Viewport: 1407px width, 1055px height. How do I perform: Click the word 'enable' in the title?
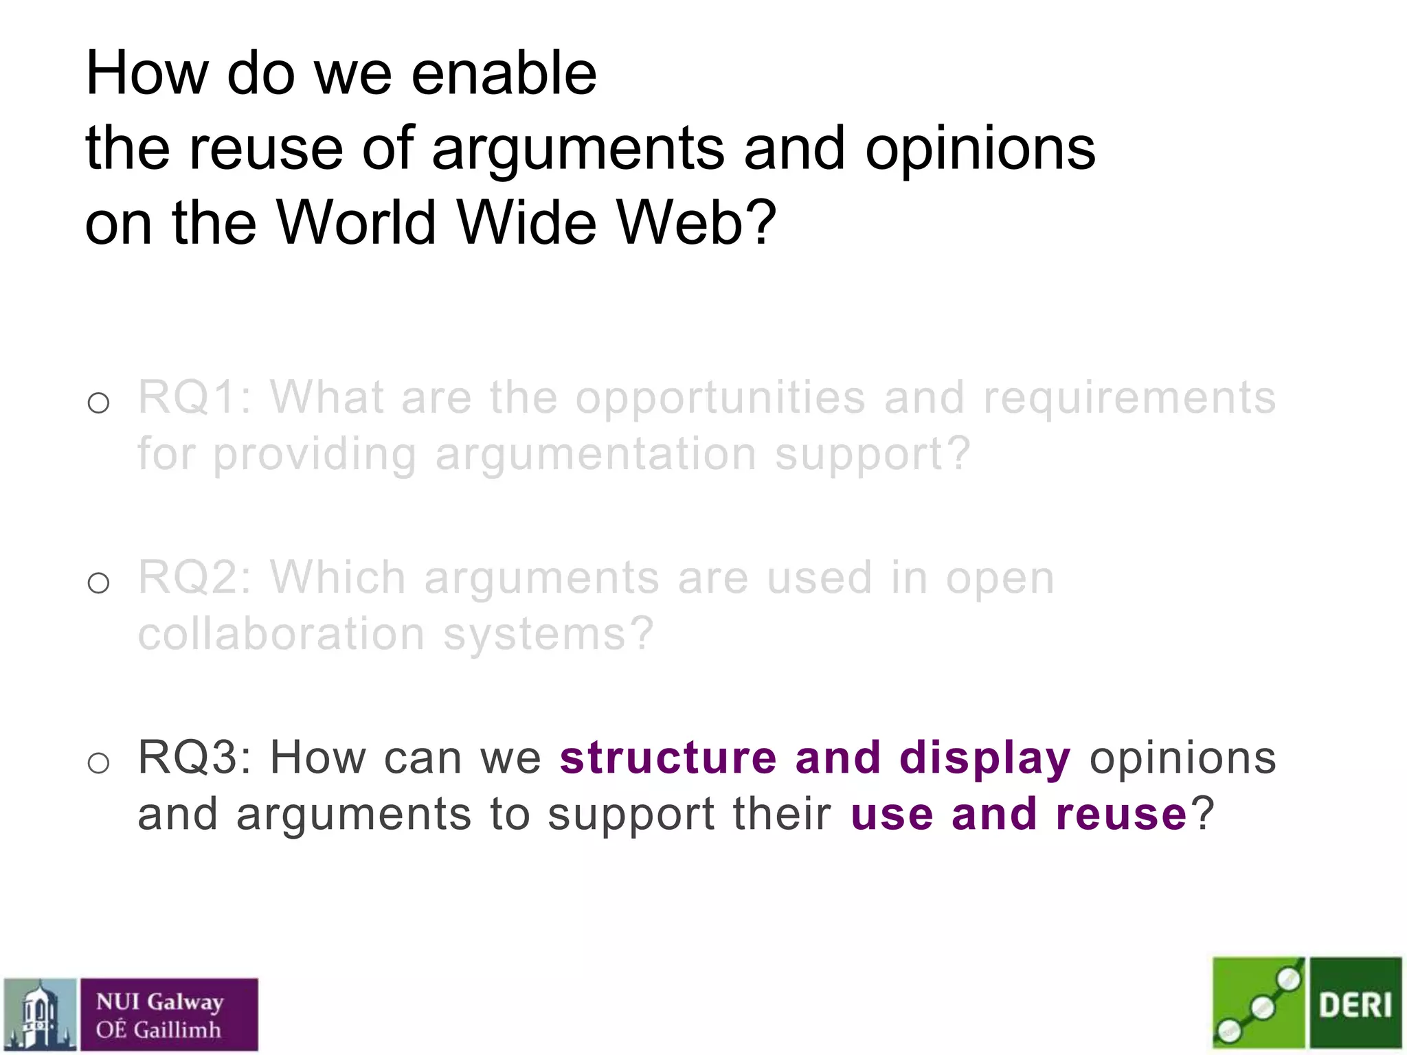click(x=504, y=73)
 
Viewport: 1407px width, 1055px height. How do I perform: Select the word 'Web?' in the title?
click(x=695, y=223)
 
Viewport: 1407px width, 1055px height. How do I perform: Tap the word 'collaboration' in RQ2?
click(x=281, y=633)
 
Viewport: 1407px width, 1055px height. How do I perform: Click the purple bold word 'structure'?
click(x=668, y=758)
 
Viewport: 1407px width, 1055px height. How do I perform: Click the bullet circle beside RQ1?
click(x=99, y=403)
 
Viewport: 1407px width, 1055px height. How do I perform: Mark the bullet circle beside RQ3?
click(x=99, y=763)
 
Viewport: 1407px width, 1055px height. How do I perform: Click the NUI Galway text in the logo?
click(x=159, y=1002)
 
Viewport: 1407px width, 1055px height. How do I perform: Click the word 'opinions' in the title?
click(x=980, y=150)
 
